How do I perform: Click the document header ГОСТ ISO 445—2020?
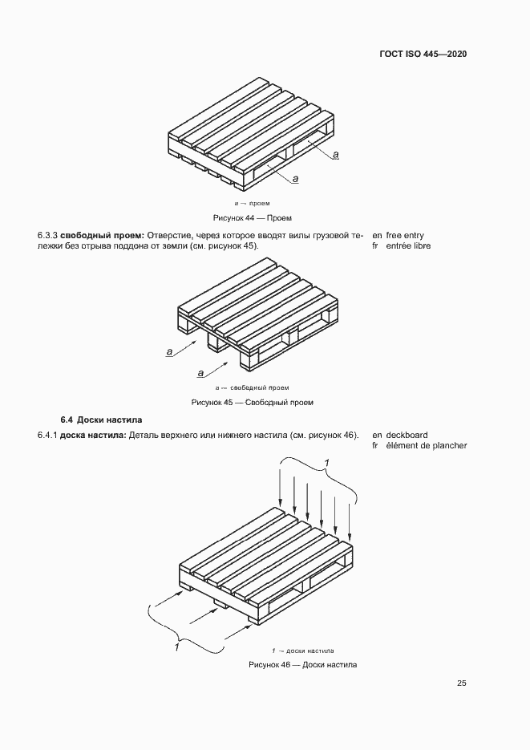[x=423, y=54]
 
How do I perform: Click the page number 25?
[x=462, y=683]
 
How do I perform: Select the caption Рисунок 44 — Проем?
[x=252, y=217]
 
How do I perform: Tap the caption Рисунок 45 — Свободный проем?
[x=252, y=402]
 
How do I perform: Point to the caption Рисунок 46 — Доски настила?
[x=302, y=665]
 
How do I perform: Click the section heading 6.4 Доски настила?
[x=101, y=420]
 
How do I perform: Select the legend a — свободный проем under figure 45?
[x=253, y=387]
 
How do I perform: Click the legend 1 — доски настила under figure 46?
[x=303, y=651]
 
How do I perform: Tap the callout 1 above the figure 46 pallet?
[x=326, y=460]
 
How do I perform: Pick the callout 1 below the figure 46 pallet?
[x=176, y=646]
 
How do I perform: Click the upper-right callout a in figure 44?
[x=336, y=153]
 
